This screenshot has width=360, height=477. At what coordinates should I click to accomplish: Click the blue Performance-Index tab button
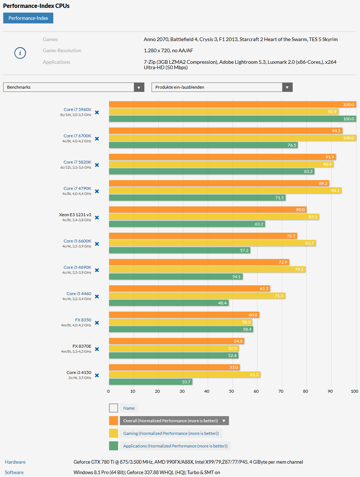tap(28, 18)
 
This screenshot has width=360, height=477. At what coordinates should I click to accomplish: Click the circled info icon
tap(20, 53)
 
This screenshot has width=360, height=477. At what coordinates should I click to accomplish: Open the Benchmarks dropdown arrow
tap(139, 87)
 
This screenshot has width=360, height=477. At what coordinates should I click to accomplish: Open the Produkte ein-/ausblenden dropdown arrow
tap(287, 87)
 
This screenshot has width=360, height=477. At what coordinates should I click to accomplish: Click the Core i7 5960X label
tap(77, 110)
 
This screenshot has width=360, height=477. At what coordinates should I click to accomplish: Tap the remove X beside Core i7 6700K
tap(97, 139)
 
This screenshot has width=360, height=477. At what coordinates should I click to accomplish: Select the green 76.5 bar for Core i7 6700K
tap(203, 145)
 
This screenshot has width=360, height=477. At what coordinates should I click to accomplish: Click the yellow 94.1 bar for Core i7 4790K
tap(225, 191)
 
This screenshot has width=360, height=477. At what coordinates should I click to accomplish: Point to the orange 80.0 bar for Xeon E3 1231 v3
tap(208, 210)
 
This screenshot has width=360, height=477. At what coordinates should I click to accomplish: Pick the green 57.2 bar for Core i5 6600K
tap(179, 250)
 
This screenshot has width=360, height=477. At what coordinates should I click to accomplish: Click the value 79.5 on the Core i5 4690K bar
tap(299, 269)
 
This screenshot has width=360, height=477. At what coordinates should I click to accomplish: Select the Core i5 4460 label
tap(79, 294)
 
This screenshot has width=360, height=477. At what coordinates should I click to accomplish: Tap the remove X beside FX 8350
tap(97, 323)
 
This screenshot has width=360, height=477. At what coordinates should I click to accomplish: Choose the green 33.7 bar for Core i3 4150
tap(150, 382)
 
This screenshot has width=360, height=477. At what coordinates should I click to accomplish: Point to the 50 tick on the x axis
tap(231, 391)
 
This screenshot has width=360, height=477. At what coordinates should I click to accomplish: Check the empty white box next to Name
tap(113, 408)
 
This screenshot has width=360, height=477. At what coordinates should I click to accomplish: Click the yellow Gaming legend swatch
tap(113, 433)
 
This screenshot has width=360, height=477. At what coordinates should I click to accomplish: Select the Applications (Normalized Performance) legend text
tap(175, 446)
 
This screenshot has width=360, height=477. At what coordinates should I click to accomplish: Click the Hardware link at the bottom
tap(15, 462)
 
